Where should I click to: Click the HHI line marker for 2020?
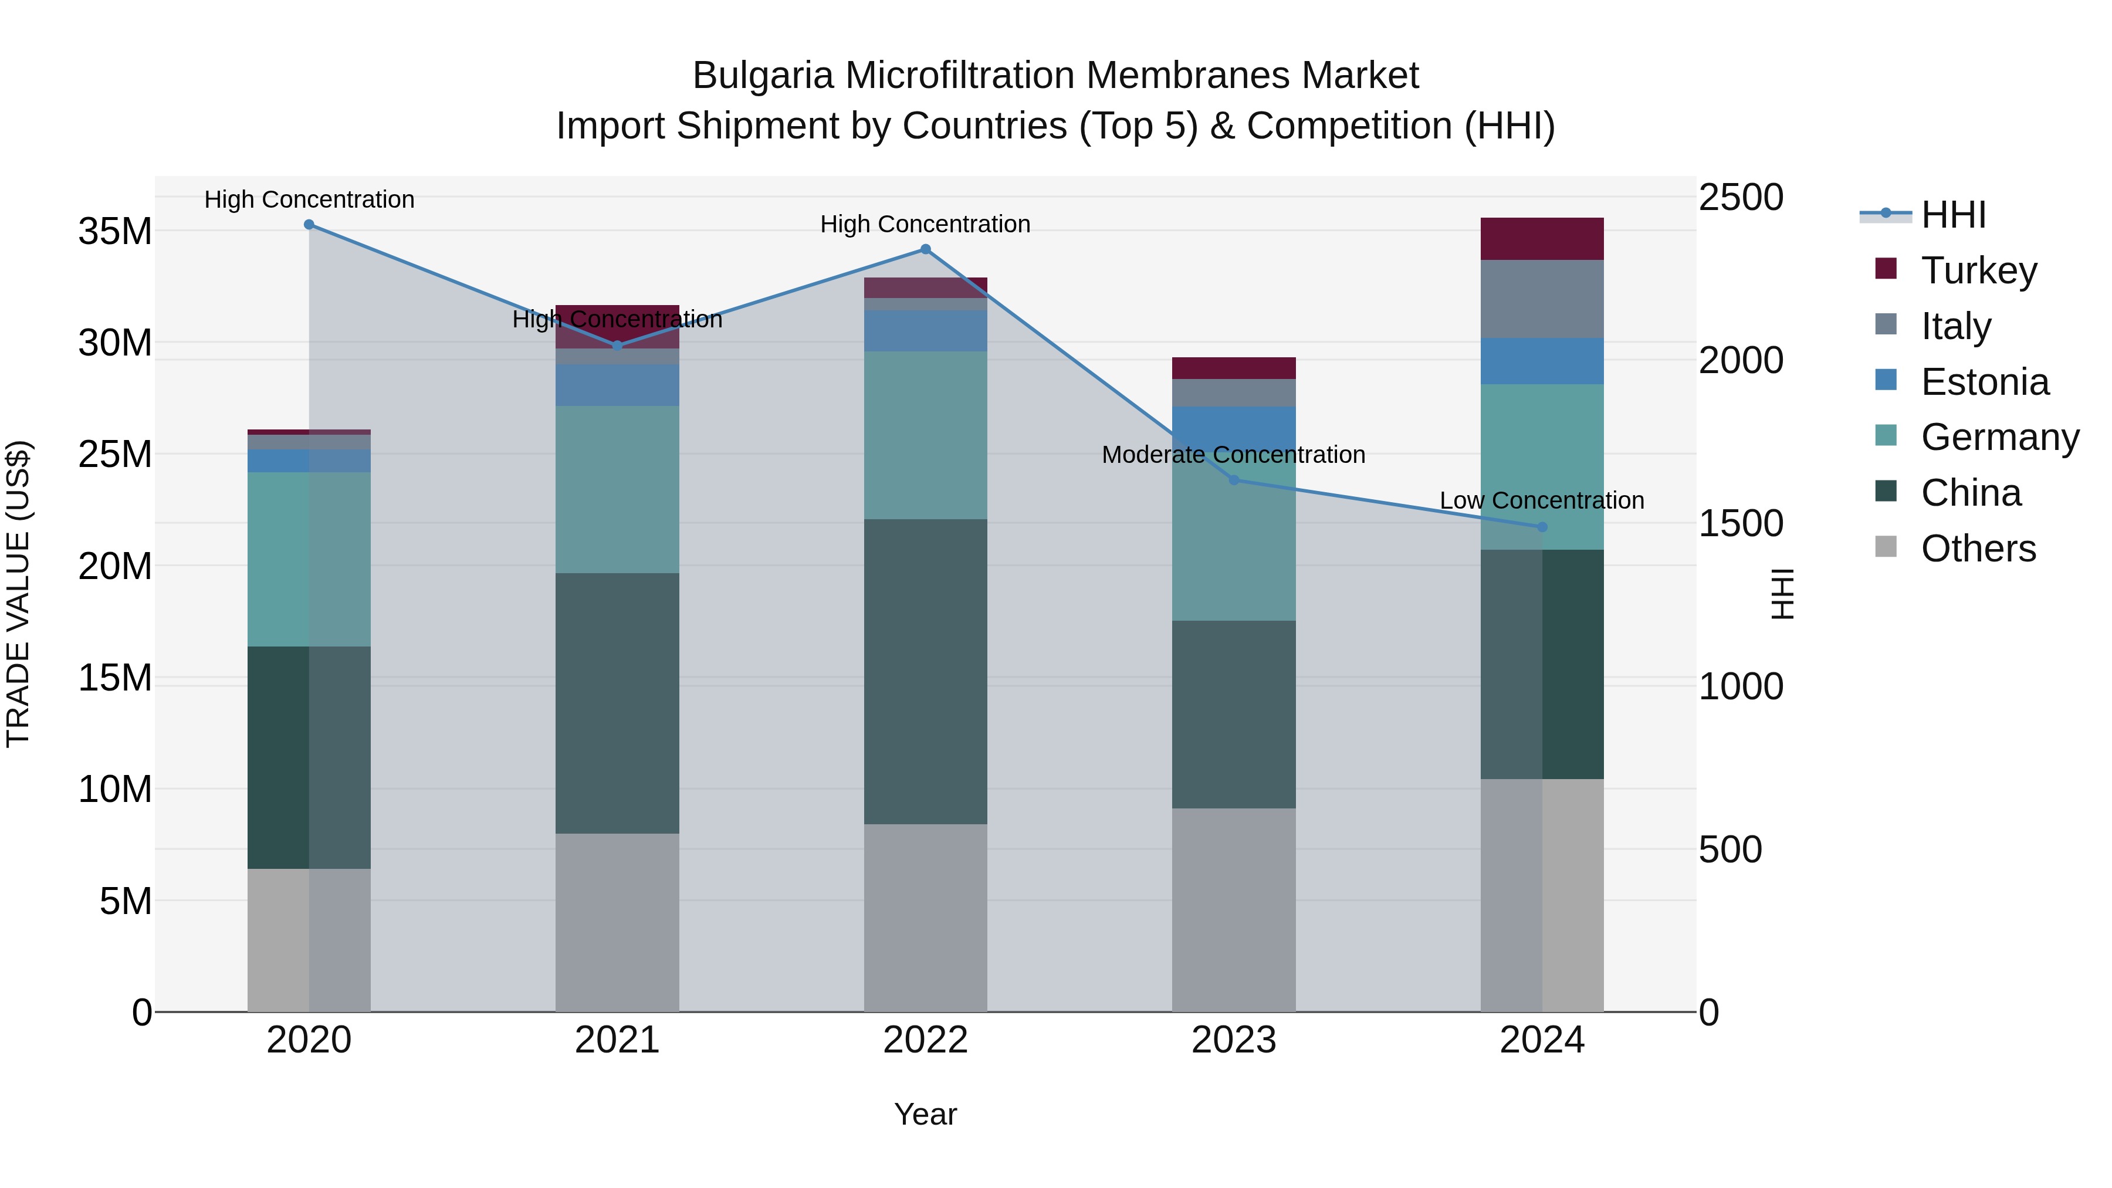[x=309, y=225]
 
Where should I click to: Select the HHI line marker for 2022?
[x=926, y=249]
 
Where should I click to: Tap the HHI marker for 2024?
[x=1542, y=527]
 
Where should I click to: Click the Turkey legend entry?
[x=1978, y=270]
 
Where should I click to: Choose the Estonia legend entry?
[x=1984, y=382]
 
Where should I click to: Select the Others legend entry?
[x=1978, y=549]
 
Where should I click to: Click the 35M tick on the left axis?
[x=115, y=232]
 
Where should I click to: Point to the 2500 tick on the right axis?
[x=1740, y=198]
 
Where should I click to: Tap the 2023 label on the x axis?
[x=1233, y=1040]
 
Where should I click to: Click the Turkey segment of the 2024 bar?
[x=1541, y=239]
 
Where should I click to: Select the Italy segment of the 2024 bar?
[x=1541, y=299]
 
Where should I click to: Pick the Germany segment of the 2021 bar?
[x=617, y=489]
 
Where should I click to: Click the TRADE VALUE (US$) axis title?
[x=18, y=594]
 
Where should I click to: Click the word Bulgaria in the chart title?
[x=763, y=76]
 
